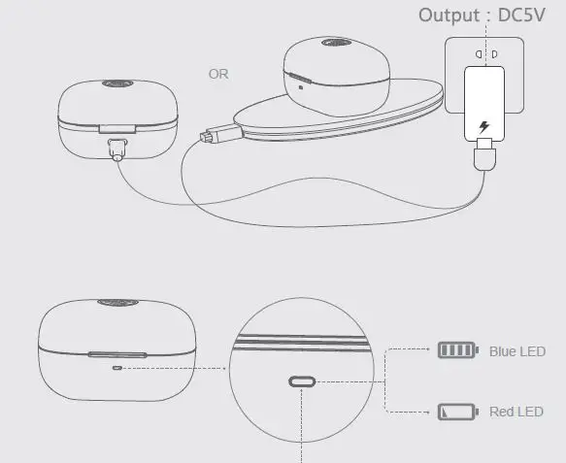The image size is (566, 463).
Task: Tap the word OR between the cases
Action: (220, 73)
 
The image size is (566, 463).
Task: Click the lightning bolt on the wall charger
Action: (484, 128)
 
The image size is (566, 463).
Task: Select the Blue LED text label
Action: (517, 351)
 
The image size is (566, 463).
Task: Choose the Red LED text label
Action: (516, 412)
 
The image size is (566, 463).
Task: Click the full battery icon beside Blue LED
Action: (458, 350)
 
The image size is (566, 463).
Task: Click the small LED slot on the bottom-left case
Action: (117, 368)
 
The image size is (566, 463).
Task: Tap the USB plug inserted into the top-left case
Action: (118, 148)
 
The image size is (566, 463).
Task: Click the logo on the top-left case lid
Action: (115, 84)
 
